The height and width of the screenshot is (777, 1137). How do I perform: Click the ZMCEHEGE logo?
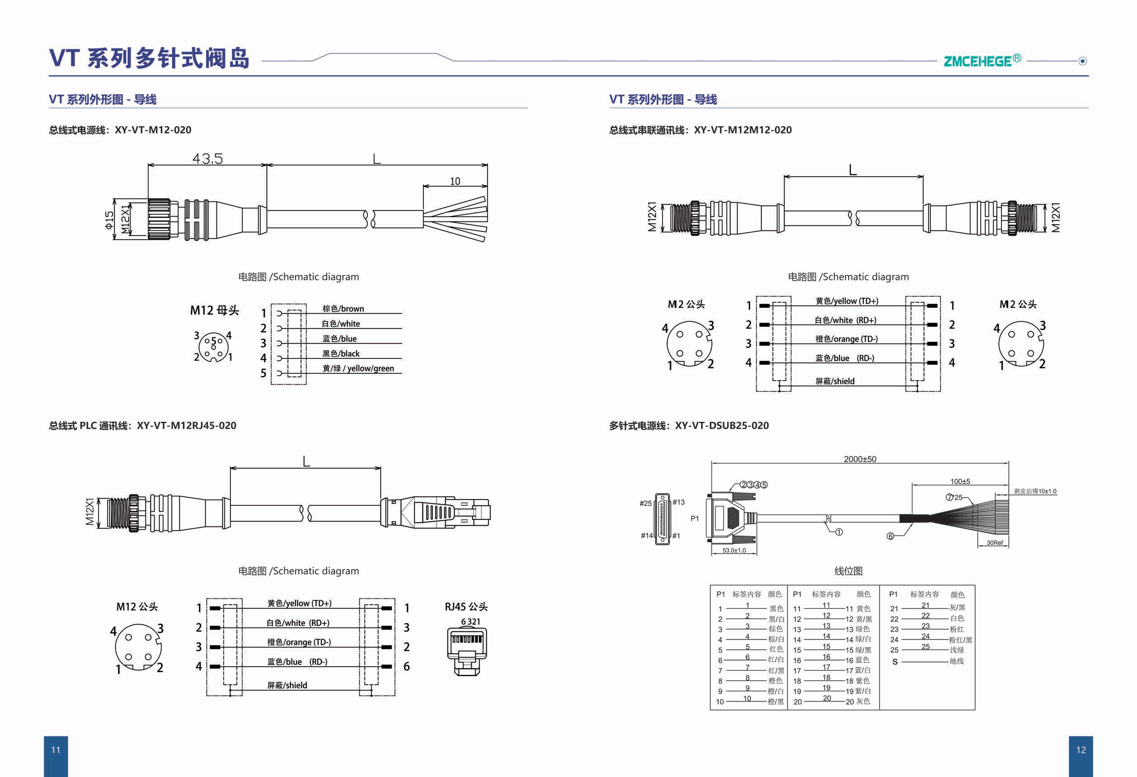click(x=982, y=61)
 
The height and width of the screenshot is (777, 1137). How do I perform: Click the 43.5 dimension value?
click(x=207, y=159)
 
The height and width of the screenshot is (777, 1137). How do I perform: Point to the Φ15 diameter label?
click(x=108, y=220)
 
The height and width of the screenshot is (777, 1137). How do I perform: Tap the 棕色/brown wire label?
click(x=343, y=309)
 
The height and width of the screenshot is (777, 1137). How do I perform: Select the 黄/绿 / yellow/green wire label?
click(x=357, y=368)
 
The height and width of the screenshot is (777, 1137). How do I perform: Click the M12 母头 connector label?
click(x=214, y=310)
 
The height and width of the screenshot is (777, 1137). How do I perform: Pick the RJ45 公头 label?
click(x=466, y=607)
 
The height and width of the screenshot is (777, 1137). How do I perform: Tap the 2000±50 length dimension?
click(x=860, y=459)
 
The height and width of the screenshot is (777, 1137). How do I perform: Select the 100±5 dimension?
click(x=960, y=481)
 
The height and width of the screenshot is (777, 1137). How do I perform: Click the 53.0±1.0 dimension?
click(x=734, y=551)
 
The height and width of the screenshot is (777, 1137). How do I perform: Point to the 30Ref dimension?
click(x=994, y=542)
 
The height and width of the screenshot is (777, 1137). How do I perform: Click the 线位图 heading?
click(x=848, y=571)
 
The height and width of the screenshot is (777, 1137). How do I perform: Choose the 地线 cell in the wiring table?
click(x=957, y=661)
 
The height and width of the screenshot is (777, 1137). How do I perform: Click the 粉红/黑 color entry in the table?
click(x=960, y=640)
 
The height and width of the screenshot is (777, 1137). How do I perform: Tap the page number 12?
click(x=1081, y=750)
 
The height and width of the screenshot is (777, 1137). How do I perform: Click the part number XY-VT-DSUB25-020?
click(x=722, y=426)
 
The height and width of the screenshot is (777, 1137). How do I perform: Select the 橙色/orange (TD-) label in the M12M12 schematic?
click(x=846, y=339)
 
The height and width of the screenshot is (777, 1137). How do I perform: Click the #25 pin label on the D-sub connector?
click(x=645, y=504)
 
